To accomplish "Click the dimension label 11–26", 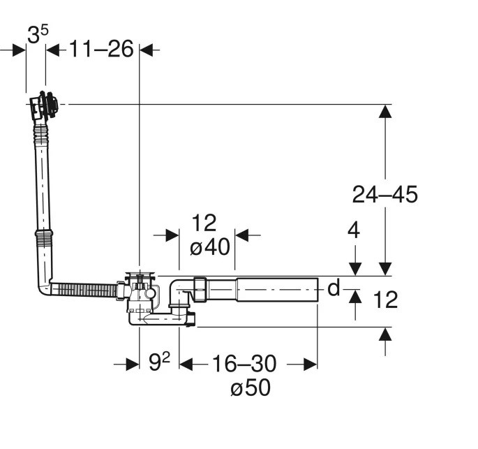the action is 101,49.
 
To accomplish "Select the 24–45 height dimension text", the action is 384,195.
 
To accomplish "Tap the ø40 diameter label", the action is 210,246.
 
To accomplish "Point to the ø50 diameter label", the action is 251,388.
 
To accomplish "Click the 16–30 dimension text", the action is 244,364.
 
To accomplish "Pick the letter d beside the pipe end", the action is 334,288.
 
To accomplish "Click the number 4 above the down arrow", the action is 354,230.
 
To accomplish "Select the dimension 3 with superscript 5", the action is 38,34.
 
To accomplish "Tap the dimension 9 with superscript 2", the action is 159,362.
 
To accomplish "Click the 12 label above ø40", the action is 204,223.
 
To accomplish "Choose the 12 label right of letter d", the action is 385,300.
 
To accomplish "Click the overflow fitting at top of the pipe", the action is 43,105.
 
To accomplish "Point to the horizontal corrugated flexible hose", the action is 84,290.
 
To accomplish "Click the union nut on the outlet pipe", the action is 200,289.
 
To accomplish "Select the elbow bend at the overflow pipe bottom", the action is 45,285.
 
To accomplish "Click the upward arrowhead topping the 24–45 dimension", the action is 385,111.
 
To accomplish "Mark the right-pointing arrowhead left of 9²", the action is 133,365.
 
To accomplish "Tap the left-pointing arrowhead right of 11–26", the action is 147,50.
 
